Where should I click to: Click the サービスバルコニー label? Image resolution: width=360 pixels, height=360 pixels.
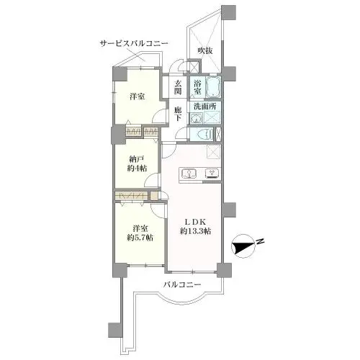[x=133, y=44]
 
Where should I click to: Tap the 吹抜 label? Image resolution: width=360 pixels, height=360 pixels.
[x=207, y=50]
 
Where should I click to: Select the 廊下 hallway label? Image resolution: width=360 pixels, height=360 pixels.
[x=178, y=115]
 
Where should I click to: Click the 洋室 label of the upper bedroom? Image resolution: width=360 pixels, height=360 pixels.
[x=138, y=96]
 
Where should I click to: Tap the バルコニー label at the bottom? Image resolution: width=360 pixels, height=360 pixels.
[x=181, y=285]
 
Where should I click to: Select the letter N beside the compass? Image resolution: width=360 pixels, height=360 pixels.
[x=261, y=241]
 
